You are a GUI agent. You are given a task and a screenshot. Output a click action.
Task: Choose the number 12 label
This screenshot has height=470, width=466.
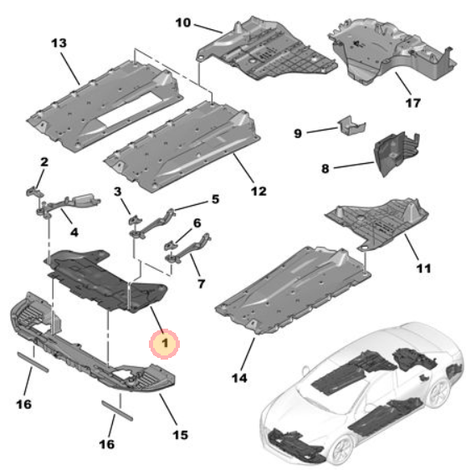click(x=258, y=192)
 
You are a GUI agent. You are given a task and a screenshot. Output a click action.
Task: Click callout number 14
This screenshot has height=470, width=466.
click(x=239, y=377)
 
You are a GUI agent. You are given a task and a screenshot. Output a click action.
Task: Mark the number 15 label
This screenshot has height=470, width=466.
click(x=181, y=434)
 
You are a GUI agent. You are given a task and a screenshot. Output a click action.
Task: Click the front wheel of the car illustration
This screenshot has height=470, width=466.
click(x=341, y=448)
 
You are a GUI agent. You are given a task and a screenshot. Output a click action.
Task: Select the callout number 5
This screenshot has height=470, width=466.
click(x=215, y=200)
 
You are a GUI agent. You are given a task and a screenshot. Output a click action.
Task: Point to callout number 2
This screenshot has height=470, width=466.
click(x=44, y=161)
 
